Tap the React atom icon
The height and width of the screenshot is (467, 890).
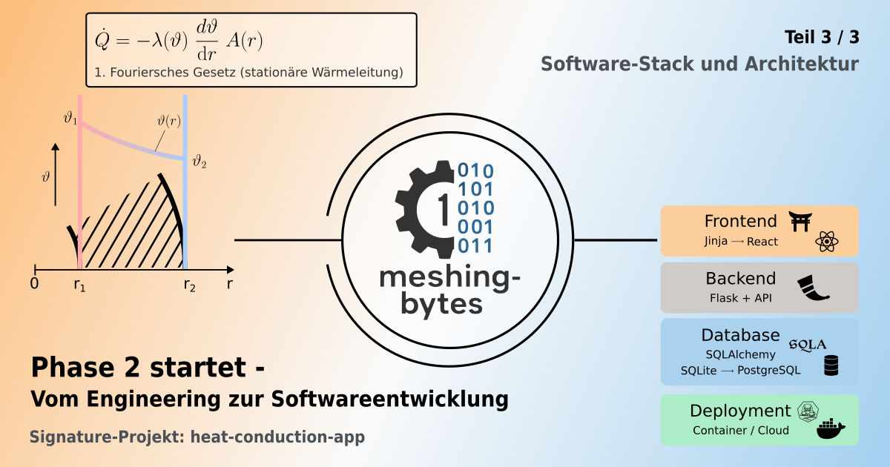825,242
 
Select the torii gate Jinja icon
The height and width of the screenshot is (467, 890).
801,221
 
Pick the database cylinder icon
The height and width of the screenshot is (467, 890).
831,365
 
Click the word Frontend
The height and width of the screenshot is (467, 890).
740,221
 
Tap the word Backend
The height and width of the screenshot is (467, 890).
740,279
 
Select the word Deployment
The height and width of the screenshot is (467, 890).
740,411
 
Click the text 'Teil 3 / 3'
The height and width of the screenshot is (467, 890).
821,36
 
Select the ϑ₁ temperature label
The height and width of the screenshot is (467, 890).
70,117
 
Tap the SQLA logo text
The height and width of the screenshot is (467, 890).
807,343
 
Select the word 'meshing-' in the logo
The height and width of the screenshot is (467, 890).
449,277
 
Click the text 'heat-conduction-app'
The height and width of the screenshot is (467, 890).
277,437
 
